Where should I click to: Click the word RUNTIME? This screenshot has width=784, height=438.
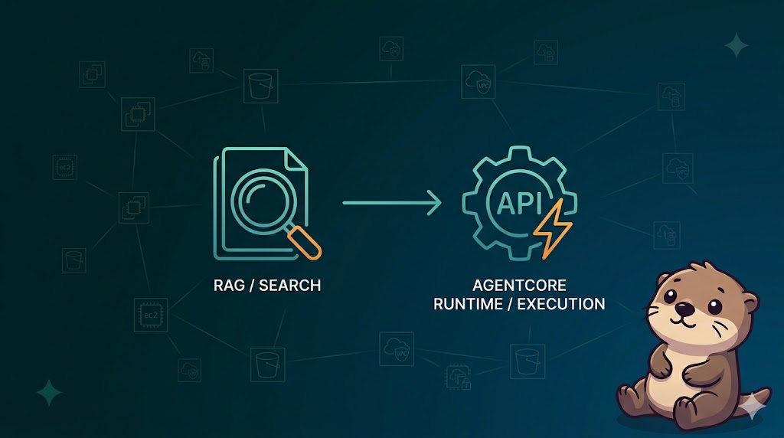[x=467, y=304]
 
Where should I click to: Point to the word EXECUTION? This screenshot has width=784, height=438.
[x=561, y=304]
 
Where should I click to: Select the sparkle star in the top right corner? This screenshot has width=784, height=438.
[x=737, y=46]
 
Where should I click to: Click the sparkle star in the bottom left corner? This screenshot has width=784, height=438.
[x=50, y=393]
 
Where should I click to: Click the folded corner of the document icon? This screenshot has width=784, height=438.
[x=298, y=159]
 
